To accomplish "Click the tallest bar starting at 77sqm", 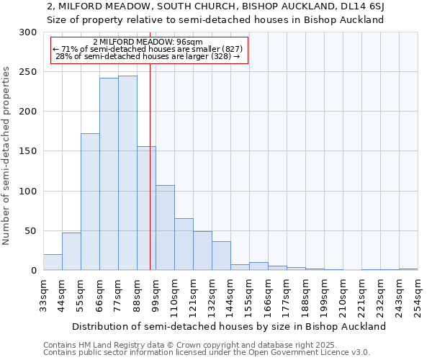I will click(127, 173).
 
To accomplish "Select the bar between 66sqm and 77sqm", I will click(109, 174).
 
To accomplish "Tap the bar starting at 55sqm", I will click(90, 202).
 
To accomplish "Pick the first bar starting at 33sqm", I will click(53, 263).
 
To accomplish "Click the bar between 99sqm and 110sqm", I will click(165, 228).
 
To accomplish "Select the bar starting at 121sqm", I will click(202, 251).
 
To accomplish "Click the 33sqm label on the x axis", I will click(43, 294).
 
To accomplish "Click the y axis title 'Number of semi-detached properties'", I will click(7, 156).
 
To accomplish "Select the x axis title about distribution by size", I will click(230, 326).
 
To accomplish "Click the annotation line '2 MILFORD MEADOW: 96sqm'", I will click(148, 42).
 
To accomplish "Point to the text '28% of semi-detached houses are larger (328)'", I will click(147, 56).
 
